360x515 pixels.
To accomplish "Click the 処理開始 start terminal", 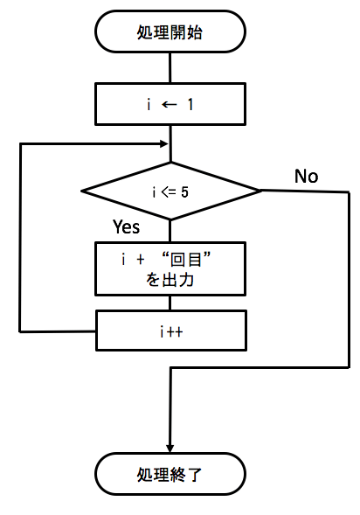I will pyautogui.click(x=170, y=32).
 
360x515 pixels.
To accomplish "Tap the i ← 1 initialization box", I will pyautogui.click(x=170, y=103).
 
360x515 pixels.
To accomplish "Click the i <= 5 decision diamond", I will pyautogui.click(x=170, y=190).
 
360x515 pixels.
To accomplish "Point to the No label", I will pyautogui.click(x=306, y=177).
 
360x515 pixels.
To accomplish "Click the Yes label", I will pyautogui.click(x=127, y=226).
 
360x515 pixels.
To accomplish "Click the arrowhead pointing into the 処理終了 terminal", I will pyautogui.click(x=170, y=448).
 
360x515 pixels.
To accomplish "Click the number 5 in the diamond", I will pyautogui.click(x=184, y=190).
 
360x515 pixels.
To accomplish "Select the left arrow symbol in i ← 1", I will pyautogui.click(x=170, y=103).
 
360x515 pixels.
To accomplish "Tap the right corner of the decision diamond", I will pyautogui.click(x=260, y=190).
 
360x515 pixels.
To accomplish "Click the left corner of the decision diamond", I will pyautogui.click(x=82, y=190).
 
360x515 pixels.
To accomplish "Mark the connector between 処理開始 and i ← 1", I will pyautogui.click(x=170, y=68).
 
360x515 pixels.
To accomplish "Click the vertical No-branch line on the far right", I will pyautogui.click(x=349, y=280).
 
